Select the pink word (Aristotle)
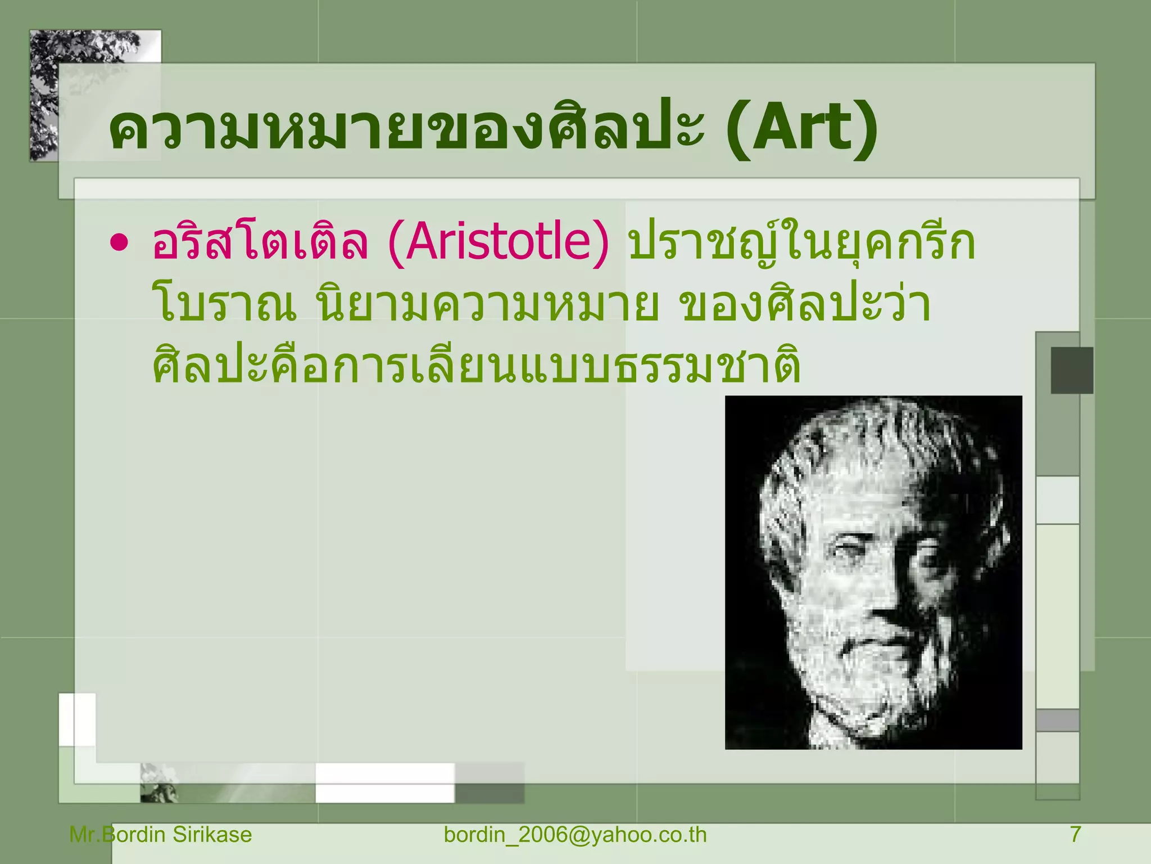point(498,243)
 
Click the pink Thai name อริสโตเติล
point(260,243)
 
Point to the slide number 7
point(1075,834)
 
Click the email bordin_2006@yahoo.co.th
point(575,834)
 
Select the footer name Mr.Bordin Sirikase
point(161,834)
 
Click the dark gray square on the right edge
point(1072,370)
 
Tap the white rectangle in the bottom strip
point(384,782)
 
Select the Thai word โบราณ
point(225,305)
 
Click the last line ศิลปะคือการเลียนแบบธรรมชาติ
point(477,366)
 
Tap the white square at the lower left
point(77,720)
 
